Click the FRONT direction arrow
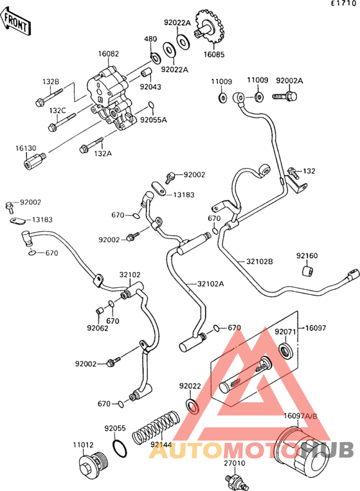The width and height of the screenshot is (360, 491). tap(15, 21)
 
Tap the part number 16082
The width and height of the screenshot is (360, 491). tap(109, 54)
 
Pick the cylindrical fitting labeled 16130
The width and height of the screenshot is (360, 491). tap(35, 161)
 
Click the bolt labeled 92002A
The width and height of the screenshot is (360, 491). tap(285, 96)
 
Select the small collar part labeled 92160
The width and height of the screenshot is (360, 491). tap(309, 271)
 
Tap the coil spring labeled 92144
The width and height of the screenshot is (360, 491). tap(156, 427)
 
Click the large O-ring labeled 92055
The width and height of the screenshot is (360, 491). tap(120, 448)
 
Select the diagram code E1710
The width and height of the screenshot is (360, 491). tap(344, 3)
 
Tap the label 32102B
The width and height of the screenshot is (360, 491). tap(260, 261)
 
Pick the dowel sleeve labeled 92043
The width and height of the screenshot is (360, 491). tap(146, 73)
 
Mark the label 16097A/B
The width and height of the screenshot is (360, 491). tap(300, 416)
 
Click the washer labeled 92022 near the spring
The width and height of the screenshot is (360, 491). tap(192, 406)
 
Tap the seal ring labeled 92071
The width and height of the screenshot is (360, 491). tap(286, 351)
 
